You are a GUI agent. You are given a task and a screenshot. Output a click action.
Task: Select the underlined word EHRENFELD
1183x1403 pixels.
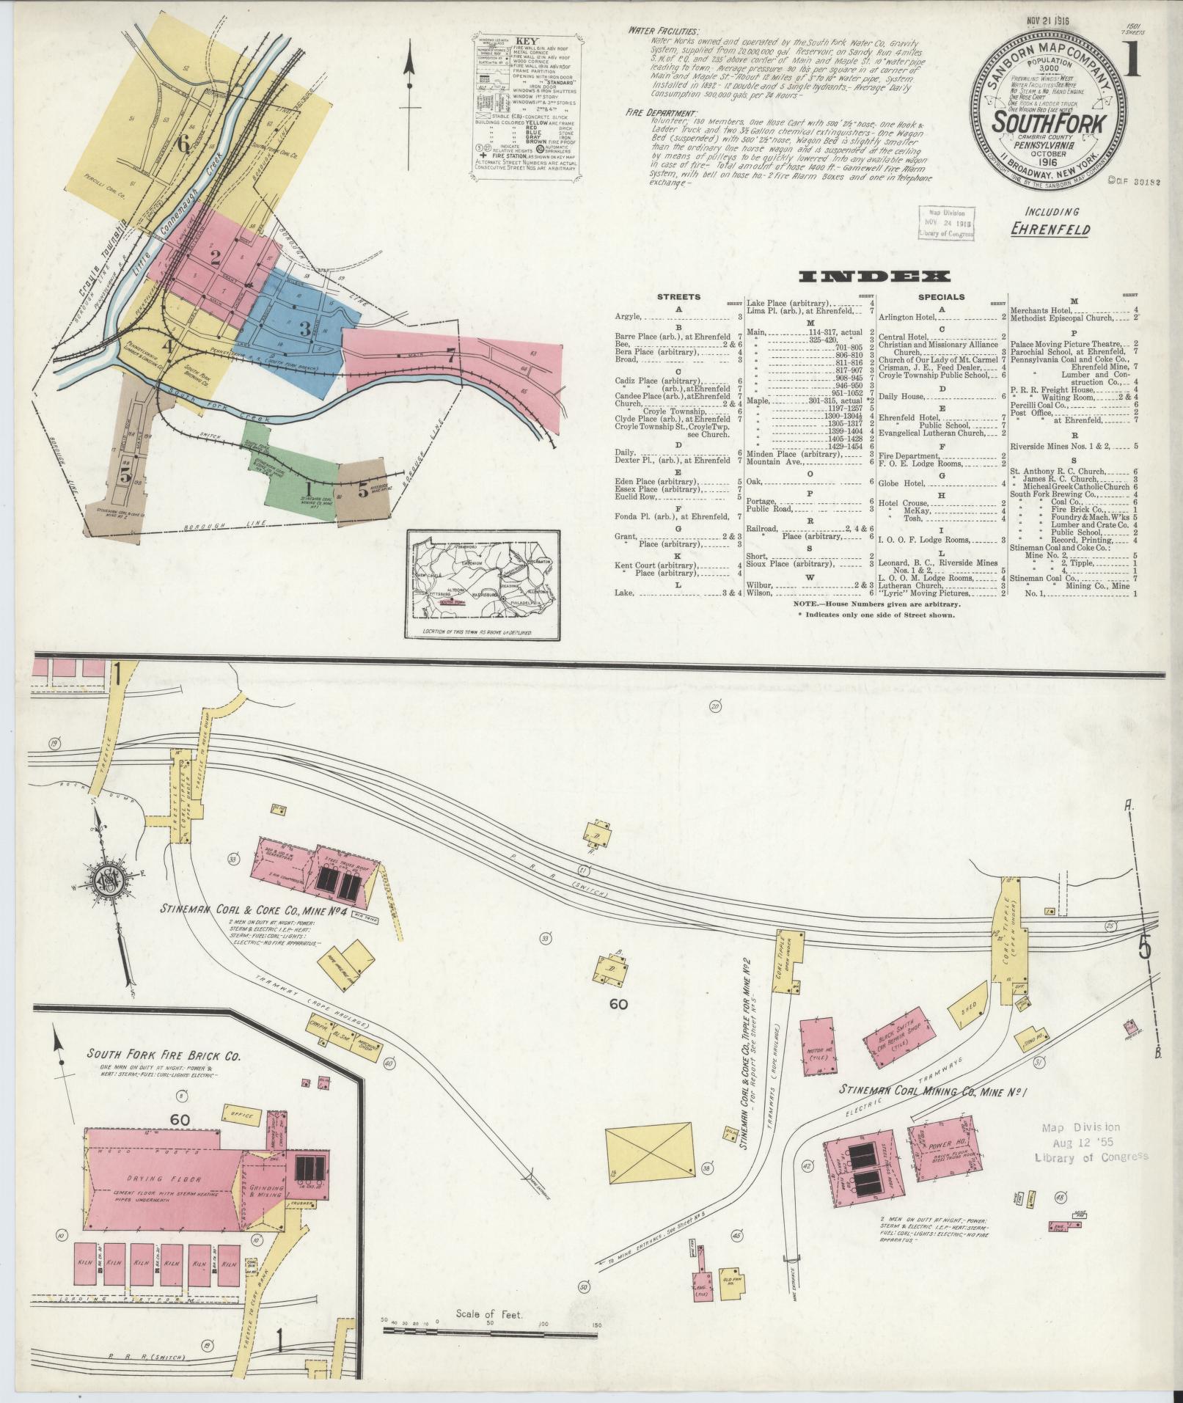tap(1050, 229)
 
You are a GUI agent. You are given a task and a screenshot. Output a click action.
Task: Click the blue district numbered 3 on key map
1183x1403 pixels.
tap(304, 329)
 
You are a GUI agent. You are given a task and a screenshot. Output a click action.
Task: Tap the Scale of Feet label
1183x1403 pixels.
tap(488, 1314)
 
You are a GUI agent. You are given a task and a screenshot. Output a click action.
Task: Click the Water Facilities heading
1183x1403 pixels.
tap(662, 31)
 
